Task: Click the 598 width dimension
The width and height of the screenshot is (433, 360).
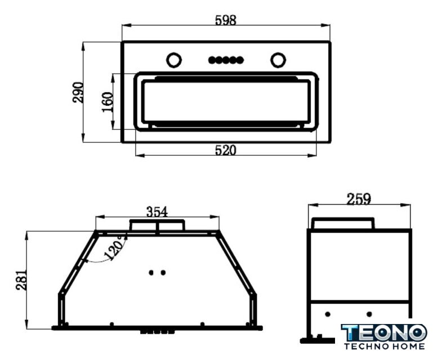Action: pyautogui.click(x=226, y=20)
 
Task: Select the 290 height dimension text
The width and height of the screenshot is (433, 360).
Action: pyautogui.click(x=78, y=92)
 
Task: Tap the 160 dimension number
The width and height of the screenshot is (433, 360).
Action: pyautogui.click(x=108, y=102)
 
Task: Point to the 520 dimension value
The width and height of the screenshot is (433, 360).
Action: pyautogui.click(x=226, y=150)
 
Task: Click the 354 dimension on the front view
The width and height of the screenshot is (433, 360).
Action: pyautogui.click(x=157, y=212)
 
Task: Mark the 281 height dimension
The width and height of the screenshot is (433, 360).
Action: pyautogui.click(x=21, y=280)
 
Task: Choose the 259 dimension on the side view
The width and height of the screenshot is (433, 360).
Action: pyautogui.click(x=359, y=199)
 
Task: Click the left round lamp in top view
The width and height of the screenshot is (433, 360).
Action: pyautogui.click(x=174, y=60)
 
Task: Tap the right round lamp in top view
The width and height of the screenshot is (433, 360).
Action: pyautogui.click(x=278, y=60)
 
